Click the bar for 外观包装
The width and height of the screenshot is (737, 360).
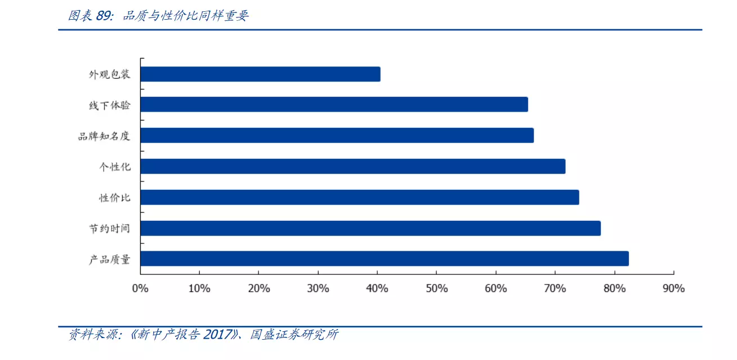[260, 74]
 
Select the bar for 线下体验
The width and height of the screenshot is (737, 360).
[334, 104]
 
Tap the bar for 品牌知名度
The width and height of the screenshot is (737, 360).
[337, 135]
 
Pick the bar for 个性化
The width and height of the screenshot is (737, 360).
[352, 166]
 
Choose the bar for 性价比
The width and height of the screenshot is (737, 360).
[359, 197]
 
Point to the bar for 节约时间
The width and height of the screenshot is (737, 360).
[370, 228]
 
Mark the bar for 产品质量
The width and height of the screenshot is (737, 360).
[384, 259]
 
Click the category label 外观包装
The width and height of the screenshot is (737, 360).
[109, 74]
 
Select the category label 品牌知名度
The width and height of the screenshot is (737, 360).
[104, 136]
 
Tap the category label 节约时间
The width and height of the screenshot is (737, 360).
[109, 228]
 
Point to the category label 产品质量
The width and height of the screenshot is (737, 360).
[109, 259]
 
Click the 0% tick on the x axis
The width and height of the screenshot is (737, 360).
[140, 288]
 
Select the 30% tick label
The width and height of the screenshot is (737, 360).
[318, 288]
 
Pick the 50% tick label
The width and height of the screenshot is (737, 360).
[437, 288]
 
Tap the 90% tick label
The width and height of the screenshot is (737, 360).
[674, 288]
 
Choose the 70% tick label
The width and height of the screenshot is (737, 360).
[555, 288]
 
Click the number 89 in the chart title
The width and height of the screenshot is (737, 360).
[103, 16]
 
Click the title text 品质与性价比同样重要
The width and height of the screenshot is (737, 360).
[186, 16]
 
